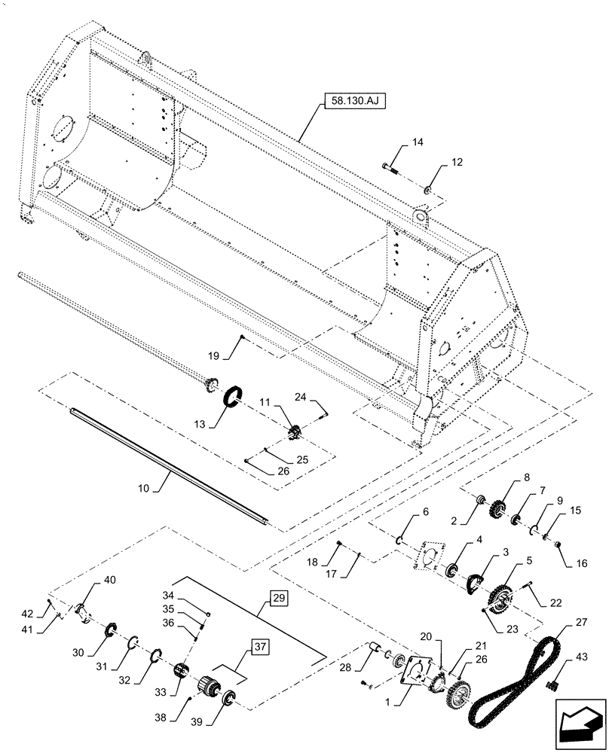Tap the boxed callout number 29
click(x=277, y=599)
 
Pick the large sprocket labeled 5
click(x=496, y=600)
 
